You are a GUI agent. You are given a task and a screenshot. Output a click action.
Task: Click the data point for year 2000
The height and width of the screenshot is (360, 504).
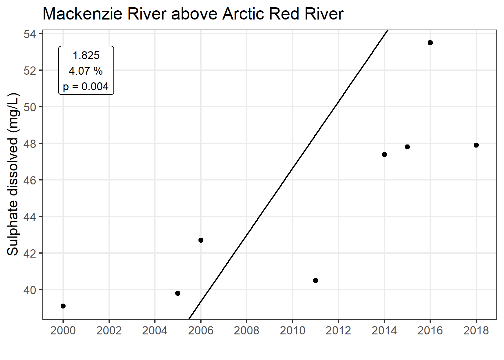click(63, 306)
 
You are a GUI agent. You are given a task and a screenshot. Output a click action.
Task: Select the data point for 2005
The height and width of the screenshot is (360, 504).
click(178, 293)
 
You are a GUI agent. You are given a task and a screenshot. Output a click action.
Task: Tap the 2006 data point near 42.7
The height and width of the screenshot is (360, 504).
click(201, 240)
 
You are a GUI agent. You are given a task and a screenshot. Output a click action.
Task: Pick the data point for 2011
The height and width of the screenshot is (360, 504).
click(316, 280)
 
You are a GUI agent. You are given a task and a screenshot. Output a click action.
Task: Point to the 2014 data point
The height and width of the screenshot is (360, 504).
click(384, 154)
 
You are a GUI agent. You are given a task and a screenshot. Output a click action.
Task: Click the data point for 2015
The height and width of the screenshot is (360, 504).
click(407, 147)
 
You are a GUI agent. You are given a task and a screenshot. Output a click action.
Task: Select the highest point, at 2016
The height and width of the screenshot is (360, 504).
click(430, 43)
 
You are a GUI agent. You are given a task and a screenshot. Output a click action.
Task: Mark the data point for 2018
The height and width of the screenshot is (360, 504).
click(476, 145)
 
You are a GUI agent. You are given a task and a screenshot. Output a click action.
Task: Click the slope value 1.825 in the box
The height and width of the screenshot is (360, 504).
click(86, 55)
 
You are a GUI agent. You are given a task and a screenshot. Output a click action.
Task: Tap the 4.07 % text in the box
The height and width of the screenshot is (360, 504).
click(86, 71)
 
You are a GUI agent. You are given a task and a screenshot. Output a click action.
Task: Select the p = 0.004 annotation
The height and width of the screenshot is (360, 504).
click(86, 87)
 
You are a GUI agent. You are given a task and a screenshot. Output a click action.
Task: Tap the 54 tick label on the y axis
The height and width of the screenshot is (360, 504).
click(30, 34)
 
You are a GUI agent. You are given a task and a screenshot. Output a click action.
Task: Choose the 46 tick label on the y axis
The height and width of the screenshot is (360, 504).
click(30, 180)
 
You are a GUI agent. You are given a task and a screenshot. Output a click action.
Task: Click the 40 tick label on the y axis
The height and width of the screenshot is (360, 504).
click(30, 290)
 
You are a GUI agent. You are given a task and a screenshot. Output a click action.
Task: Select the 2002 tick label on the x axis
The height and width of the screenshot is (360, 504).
click(109, 330)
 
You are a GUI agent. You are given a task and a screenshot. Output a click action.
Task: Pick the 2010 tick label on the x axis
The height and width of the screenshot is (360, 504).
click(292, 330)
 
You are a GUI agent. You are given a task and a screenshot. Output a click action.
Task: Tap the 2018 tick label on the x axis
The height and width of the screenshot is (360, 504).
click(476, 330)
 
